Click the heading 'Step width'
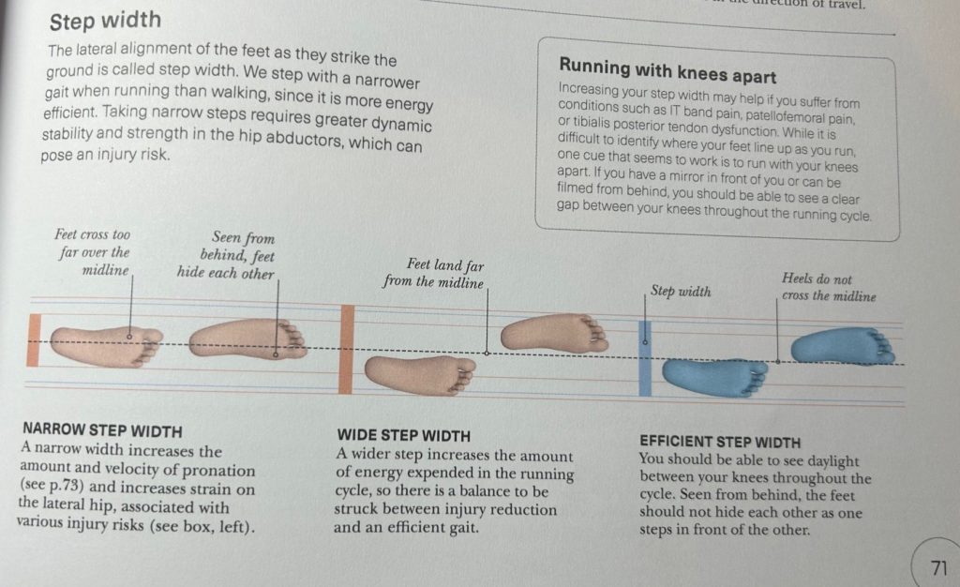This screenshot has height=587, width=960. [x=105, y=21]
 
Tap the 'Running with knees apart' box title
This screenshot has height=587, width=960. [x=667, y=70]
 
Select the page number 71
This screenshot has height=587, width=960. [x=938, y=567]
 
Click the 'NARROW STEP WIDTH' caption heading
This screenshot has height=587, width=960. [x=102, y=431]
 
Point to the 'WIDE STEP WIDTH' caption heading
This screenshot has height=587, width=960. [x=403, y=436]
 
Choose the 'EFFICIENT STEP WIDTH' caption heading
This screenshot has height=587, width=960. [x=720, y=442]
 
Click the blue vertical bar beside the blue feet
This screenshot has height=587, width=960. [x=645, y=358]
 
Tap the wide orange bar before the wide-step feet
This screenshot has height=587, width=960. [x=347, y=349]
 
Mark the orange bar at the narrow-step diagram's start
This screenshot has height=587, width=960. [x=34, y=340]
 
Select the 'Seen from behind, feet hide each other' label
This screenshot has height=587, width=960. [x=226, y=255]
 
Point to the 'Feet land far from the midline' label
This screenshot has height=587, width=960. [x=433, y=273]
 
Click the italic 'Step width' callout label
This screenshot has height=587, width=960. [x=681, y=291]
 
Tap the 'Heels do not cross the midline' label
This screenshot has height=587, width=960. [x=829, y=287]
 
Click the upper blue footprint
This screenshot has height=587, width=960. [x=843, y=346]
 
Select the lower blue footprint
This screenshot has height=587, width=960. [x=715, y=377]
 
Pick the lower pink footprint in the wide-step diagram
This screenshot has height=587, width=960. [x=420, y=374]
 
